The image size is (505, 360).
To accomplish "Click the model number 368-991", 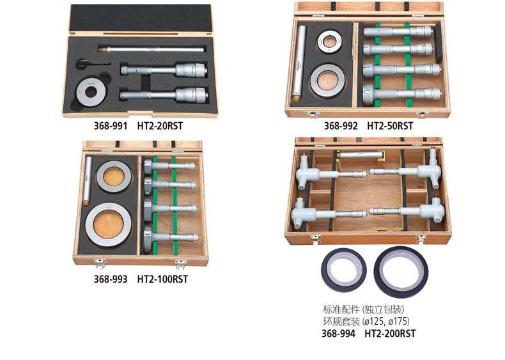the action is pos(111,126).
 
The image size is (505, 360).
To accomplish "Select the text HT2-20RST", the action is pos(160,126).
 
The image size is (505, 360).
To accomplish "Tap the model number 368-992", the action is pos(341,126).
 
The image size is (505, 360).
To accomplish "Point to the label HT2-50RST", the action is pos(390,126).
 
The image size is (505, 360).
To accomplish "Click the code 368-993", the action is pos(111,279).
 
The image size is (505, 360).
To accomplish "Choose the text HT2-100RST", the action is pos(162,279).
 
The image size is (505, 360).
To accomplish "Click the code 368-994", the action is pos(339,333).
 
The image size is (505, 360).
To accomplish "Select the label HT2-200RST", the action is pos(390,333).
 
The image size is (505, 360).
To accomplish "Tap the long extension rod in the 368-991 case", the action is pos(151,49).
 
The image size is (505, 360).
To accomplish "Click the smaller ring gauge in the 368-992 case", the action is pos(329,42).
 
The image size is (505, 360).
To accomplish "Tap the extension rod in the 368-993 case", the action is pos(88,181).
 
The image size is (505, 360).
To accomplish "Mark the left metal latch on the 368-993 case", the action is pos(100,263).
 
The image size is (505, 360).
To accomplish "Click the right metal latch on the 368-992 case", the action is pos(421,114).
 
